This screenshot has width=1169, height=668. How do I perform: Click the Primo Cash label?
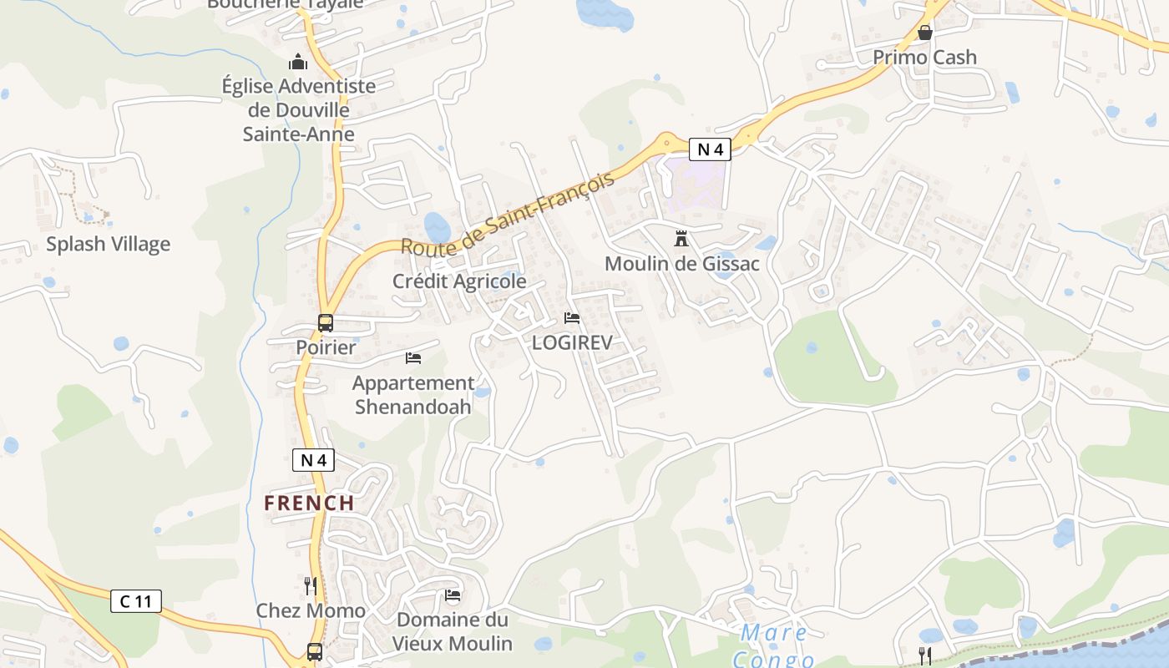tap(924, 58)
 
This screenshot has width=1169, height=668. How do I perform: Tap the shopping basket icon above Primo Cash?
tap(925, 33)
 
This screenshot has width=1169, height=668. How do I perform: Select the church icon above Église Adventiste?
tap(298, 62)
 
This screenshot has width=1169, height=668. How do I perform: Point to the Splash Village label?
tap(108, 244)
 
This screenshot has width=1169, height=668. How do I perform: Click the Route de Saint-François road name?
tap(508, 213)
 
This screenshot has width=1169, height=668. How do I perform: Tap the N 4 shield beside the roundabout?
tap(710, 149)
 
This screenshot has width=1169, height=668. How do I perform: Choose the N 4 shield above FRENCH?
tap(313, 459)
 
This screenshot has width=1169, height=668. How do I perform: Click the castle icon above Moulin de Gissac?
tap(681, 240)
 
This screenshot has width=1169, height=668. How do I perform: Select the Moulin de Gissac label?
tap(682, 264)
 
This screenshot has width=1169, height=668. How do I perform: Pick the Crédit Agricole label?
tap(459, 281)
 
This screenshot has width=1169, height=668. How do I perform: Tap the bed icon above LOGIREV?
tap(572, 318)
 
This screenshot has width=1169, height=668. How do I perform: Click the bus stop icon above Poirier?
tap(326, 322)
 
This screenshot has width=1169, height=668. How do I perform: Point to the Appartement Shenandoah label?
tap(413, 395)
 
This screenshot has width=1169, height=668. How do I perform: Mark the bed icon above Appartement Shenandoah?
tap(413, 358)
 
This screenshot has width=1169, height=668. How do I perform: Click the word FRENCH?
tap(309, 503)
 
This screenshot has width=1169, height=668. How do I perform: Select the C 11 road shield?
tap(136, 600)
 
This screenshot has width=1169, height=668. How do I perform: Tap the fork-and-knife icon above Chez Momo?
tap(310, 585)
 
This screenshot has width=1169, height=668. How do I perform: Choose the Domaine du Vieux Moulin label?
tap(452, 631)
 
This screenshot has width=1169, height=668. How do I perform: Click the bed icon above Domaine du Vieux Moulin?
tap(453, 595)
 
